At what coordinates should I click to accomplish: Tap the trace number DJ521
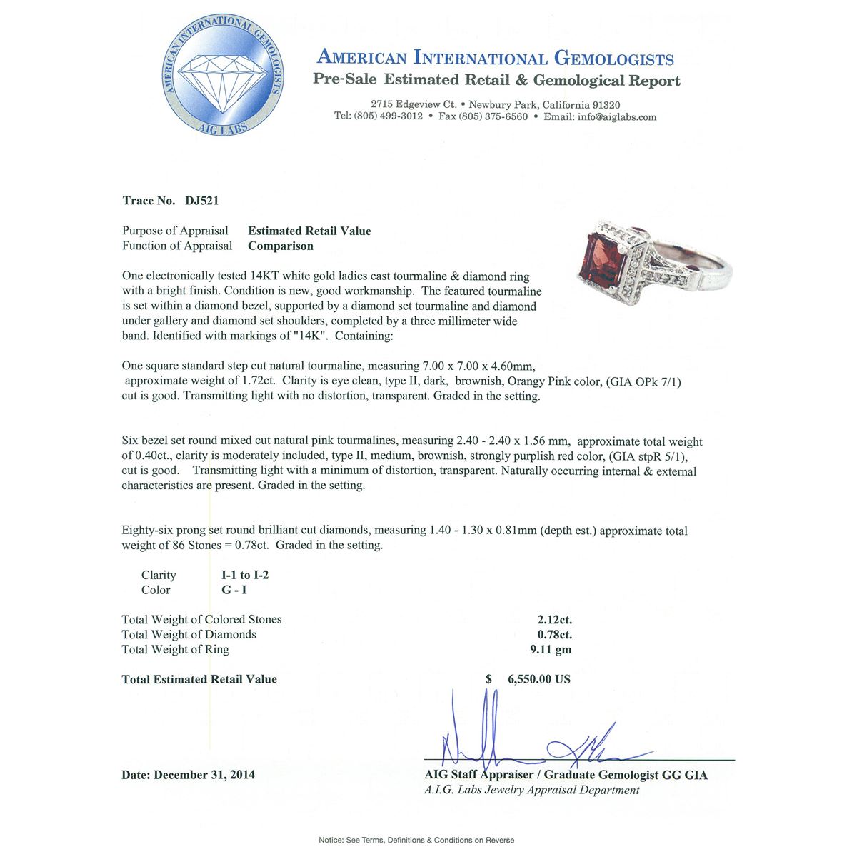click(x=201, y=201)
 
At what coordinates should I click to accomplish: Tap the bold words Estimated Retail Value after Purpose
click(x=309, y=231)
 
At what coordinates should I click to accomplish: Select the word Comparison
click(x=281, y=246)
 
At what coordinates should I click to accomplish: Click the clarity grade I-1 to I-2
click(x=245, y=576)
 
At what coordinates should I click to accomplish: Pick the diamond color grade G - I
click(x=235, y=591)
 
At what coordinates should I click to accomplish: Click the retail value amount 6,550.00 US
click(x=538, y=679)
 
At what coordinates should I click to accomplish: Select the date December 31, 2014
click(x=204, y=775)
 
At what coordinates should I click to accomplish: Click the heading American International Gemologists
click(x=495, y=58)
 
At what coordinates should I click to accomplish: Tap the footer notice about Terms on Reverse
click(x=416, y=840)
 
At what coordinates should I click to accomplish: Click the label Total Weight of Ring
click(x=176, y=650)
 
